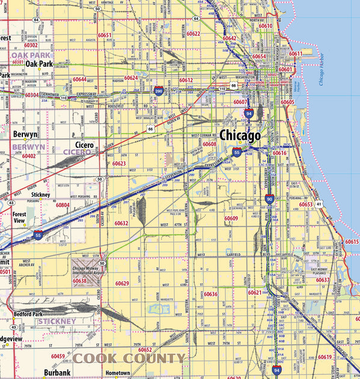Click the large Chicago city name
240,135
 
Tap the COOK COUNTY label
129,359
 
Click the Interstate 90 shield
270,199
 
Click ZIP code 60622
193,34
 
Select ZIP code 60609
231,218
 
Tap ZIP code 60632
122,223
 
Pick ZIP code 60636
211,294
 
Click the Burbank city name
57,373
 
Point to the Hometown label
117,373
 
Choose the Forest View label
20,217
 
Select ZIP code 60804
63,205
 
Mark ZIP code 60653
306,205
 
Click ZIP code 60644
79,79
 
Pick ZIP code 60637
323,280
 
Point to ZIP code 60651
105,35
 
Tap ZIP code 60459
58,356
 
